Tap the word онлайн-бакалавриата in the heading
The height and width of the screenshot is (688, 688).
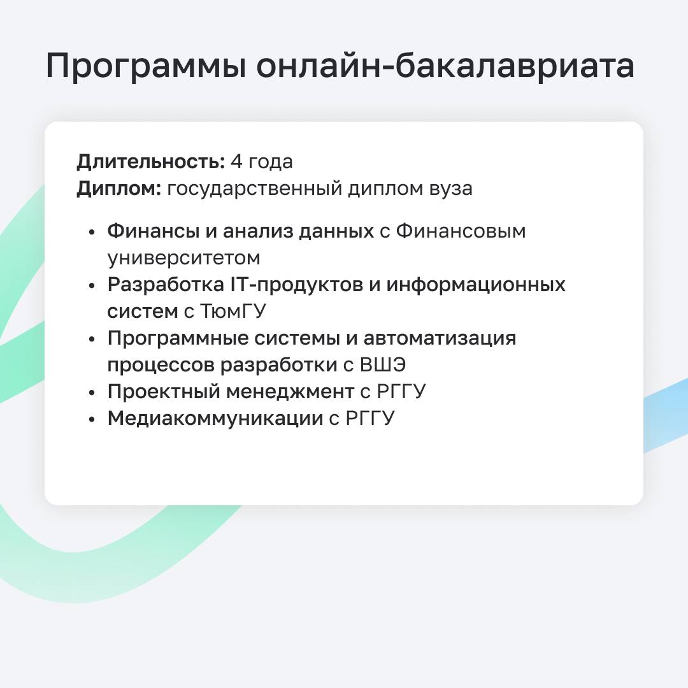point(445,65)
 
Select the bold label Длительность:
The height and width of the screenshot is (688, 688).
point(151,162)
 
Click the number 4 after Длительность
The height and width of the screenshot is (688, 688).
point(236,161)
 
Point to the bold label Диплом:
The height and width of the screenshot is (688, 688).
point(119,189)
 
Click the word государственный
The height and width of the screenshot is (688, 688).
point(255,189)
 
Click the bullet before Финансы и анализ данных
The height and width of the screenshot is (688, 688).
point(92,232)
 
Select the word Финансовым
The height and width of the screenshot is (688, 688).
point(461,231)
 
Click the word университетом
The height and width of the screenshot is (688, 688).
point(184,259)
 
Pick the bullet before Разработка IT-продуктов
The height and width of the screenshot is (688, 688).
point(92,285)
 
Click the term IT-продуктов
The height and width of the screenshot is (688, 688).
point(297,285)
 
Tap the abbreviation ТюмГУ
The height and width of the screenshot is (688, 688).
point(233,312)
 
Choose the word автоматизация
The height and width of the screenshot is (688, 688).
point(440,339)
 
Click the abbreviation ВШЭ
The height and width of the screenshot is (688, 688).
point(383,365)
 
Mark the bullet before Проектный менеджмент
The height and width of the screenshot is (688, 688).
point(92,392)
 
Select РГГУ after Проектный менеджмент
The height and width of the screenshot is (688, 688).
point(401,392)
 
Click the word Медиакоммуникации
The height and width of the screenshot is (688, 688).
point(215,419)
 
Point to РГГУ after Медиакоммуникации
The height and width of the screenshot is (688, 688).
point(370,419)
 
